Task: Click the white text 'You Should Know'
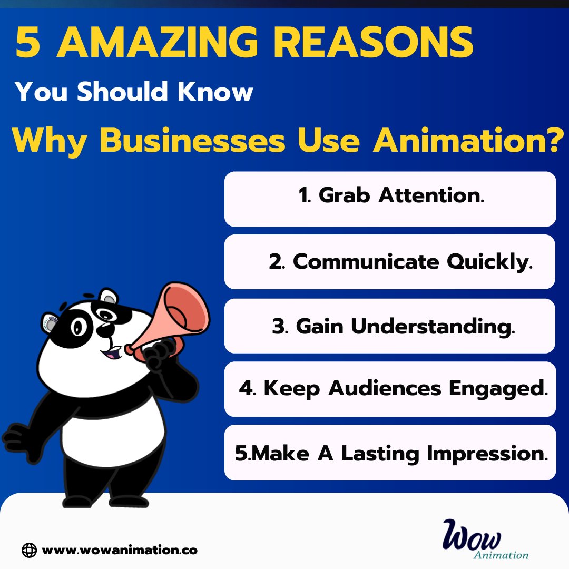[134, 92]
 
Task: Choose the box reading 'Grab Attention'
[390, 199]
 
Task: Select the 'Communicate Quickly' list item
[390, 262]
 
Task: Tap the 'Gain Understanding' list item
[390, 326]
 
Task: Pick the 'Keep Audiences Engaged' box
[390, 389]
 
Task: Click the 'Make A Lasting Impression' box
[390, 453]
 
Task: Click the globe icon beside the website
[30, 550]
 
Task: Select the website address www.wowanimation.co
[120, 550]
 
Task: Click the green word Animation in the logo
[501, 555]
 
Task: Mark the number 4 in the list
[246, 389]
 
